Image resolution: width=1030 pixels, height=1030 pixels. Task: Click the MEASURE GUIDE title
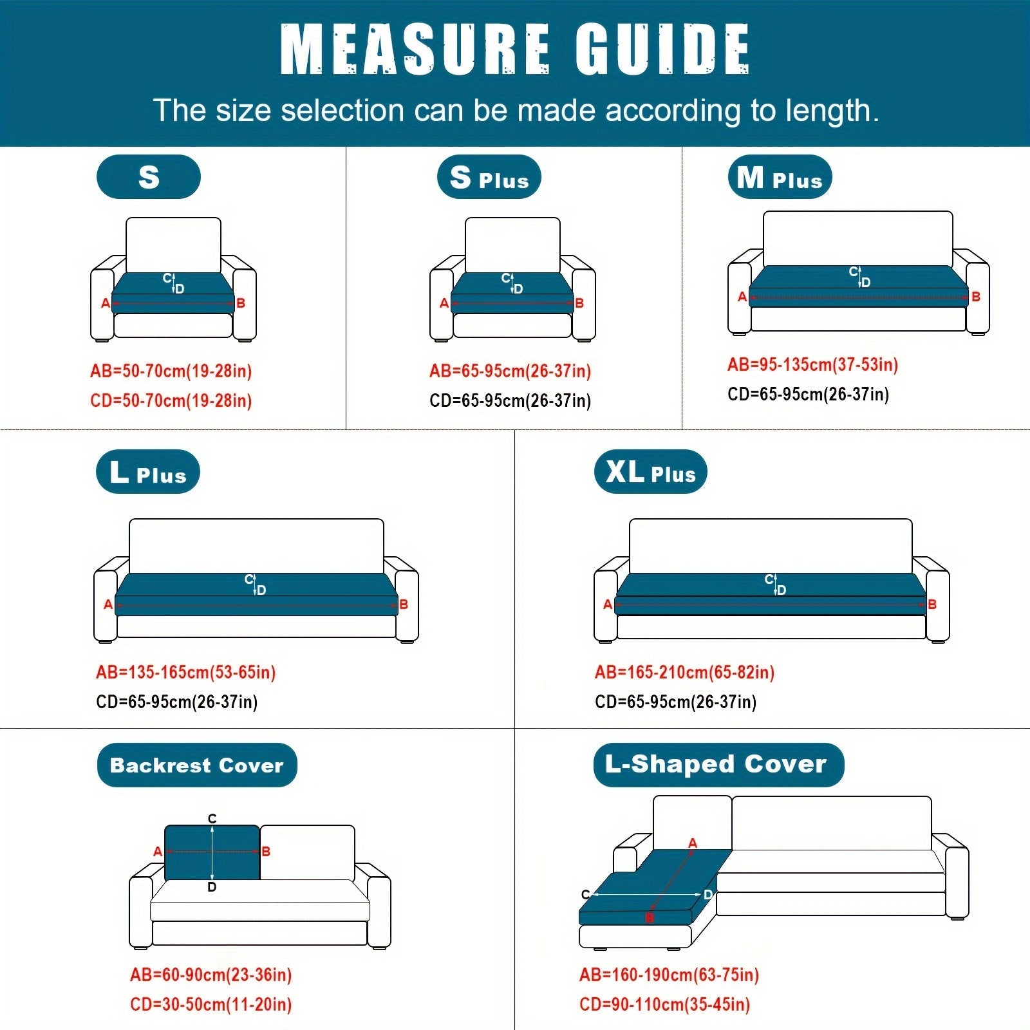click(x=515, y=50)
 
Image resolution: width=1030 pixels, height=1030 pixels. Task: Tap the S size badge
click(x=149, y=177)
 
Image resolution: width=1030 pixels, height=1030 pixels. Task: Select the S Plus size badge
click(x=489, y=177)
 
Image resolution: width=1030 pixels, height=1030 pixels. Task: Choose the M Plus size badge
click(x=780, y=177)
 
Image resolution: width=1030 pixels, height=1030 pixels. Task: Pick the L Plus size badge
click(x=148, y=472)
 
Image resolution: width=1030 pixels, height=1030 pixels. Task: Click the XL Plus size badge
click(x=651, y=472)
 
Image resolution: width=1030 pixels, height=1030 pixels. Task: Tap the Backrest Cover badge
click(x=197, y=765)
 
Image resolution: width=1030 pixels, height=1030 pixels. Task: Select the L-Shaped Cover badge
click(x=718, y=765)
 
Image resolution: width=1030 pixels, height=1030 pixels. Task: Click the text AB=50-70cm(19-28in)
click(x=171, y=371)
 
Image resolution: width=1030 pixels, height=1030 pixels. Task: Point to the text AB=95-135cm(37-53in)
click(x=813, y=365)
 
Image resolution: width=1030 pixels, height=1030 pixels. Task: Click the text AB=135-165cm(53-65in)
click(x=186, y=673)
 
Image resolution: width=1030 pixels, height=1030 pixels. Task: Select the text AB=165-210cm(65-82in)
click(x=685, y=673)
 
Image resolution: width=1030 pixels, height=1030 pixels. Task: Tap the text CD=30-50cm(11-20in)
click(x=211, y=1005)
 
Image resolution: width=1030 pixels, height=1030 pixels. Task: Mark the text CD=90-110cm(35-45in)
click(x=665, y=1005)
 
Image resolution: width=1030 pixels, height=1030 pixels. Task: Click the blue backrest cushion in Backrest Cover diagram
click(x=212, y=852)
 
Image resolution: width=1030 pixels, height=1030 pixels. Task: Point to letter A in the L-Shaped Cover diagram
click(x=693, y=843)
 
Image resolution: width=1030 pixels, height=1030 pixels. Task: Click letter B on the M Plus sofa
click(x=976, y=297)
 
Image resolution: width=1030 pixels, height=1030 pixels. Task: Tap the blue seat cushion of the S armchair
click(x=173, y=293)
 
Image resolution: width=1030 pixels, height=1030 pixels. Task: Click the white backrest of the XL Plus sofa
click(x=771, y=546)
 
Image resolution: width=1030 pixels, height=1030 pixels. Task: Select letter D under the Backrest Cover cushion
click(x=212, y=887)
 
